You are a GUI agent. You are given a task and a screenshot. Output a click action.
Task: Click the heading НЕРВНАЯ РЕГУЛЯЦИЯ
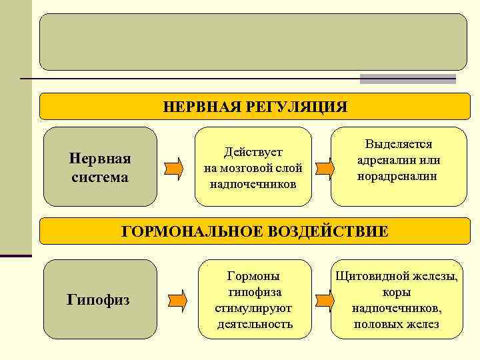(x=255, y=107)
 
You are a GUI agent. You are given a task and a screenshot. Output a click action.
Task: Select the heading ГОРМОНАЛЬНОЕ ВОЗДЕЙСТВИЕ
(x=254, y=231)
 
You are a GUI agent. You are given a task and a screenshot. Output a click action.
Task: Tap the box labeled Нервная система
(x=100, y=167)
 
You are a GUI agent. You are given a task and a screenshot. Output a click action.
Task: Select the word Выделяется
(x=398, y=144)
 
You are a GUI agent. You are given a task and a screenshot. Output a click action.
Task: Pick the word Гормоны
(x=253, y=275)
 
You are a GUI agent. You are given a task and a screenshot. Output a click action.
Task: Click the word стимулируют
(x=253, y=308)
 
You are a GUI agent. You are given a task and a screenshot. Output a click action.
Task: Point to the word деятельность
(x=255, y=325)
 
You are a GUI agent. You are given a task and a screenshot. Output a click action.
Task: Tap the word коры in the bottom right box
(x=397, y=292)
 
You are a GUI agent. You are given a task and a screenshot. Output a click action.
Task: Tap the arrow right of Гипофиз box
(x=175, y=300)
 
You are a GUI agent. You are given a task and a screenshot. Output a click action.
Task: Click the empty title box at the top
(x=253, y=42)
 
